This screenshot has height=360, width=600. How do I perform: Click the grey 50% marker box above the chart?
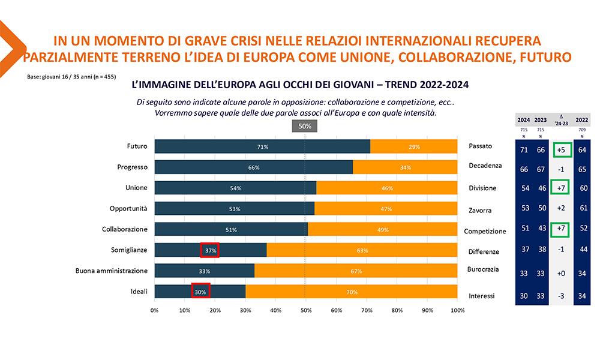(x=305, y=126)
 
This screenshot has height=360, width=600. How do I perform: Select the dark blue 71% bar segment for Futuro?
(x=262, y=146)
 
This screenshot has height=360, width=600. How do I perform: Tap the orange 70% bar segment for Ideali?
(x=351, y=292)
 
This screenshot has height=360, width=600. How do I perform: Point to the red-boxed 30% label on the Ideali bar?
(x=200, y=292)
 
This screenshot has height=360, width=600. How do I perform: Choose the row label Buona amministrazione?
(x=111, y=271)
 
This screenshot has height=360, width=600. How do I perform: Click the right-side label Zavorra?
(x=480, y=210)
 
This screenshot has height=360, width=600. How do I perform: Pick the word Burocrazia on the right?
(x=483, y=269)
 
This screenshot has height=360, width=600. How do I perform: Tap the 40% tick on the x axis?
(x=276, y=310)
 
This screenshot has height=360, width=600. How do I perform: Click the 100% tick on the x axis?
(x=457, y=310)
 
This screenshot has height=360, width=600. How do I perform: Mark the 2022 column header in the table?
(x=581, y=118)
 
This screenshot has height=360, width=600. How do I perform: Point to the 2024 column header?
(x=523, y=118)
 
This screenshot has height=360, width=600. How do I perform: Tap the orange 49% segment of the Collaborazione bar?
(x=382, y=229)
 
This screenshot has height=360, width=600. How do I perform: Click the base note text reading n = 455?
(x=104, y=77)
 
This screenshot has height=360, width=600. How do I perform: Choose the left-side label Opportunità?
(x=129, y=208)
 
